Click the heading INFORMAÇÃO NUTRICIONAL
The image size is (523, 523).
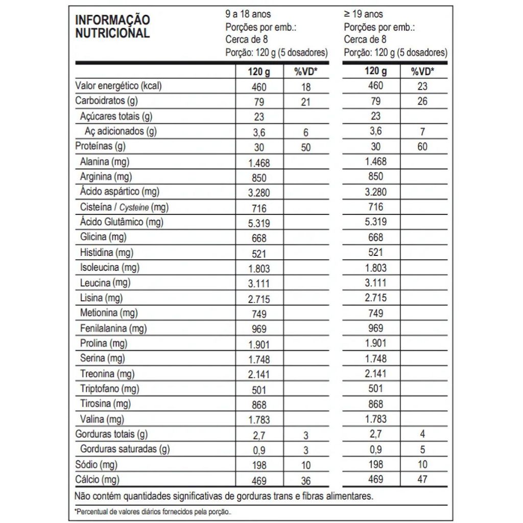[112, 27]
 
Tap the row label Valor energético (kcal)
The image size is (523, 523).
[118, 86]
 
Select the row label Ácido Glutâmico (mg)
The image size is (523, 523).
[122, 222]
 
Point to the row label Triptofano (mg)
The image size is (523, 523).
[109, 389]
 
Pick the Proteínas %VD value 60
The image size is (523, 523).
[422, 147]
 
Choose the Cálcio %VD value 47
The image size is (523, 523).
[422, 480]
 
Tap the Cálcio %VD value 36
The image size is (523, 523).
[305, 481]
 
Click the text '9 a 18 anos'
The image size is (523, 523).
[248, 14]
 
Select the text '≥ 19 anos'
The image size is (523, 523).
[363, 14]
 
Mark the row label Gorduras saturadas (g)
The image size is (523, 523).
[125, 449]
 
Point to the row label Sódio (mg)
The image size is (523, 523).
[96, 465]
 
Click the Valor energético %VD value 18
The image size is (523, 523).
[305, 87]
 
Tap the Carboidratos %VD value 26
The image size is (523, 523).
[422, 101]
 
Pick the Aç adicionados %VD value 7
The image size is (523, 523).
[422, 132]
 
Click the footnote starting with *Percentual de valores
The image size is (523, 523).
[153, 511]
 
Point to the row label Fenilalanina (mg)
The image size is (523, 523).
[113, 328]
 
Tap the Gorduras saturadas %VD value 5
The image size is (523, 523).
[422, 450]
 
